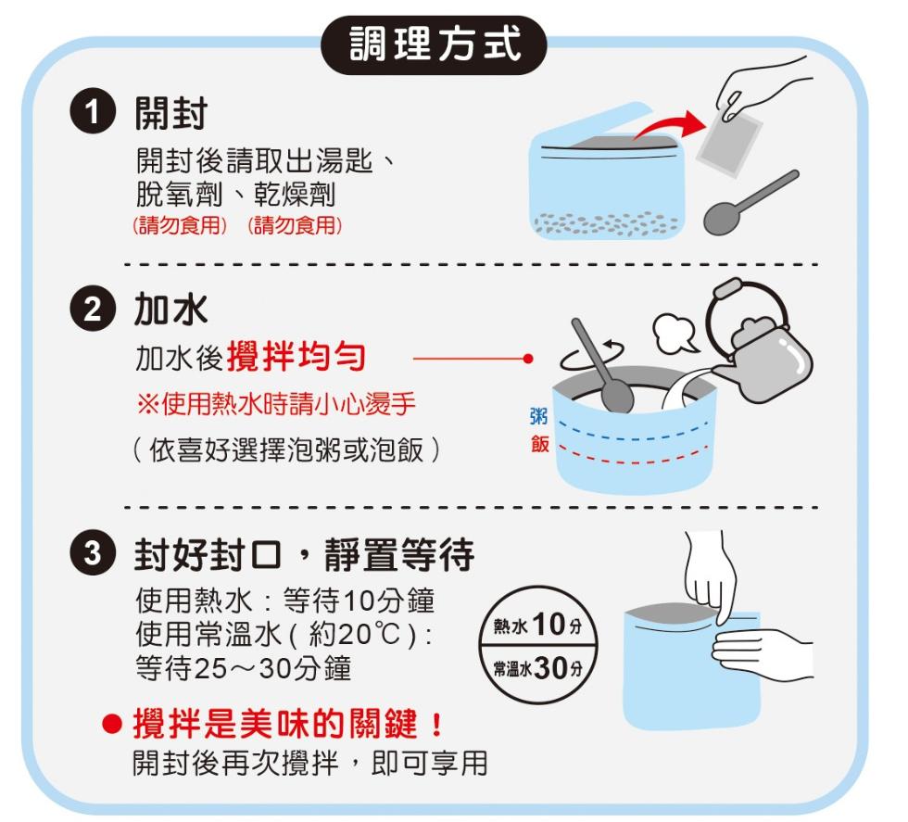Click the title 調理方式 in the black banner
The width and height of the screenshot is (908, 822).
click(435, 44)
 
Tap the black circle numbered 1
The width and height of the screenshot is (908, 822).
click(93, 113)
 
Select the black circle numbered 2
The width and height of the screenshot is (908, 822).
click(93, 310)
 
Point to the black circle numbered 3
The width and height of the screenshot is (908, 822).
click(93, 552)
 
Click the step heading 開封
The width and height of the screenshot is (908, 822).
click(170, 114)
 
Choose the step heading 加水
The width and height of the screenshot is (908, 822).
click(170, 310)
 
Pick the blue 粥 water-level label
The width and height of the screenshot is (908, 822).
click(539, 416)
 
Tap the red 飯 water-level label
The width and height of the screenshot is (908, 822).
click(539, 444)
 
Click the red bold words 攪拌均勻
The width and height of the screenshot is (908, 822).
click(296, 356)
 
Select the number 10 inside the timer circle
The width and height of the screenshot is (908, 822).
click(549, 625)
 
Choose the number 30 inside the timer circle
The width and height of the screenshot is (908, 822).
click(550, 668)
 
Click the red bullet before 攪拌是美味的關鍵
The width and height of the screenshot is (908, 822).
click(112, 724)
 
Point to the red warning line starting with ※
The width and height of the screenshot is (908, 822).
click(277, 404)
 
